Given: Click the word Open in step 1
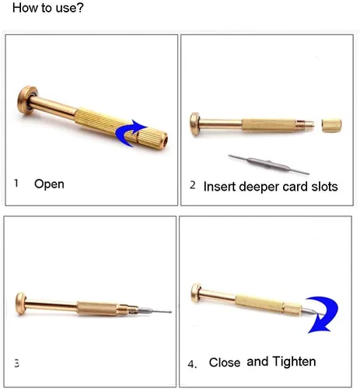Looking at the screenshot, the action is tap(49, 184).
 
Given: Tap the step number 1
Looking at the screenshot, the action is tap(16, 183).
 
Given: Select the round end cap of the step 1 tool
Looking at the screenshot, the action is tap(26, 100).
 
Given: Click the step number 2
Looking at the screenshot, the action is tap(192, 185).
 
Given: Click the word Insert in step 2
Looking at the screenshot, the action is tap(220, 187).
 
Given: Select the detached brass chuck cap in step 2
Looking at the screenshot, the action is tap(332, 125).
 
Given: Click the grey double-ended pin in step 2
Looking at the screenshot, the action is tap(268, 164).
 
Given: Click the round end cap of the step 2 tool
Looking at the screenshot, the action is tap(195, 124).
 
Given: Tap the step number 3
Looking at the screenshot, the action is tap(16, 363).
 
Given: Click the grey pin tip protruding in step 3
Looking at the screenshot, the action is tap(155, 310).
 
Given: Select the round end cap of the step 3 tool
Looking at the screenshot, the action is tap(20, 303).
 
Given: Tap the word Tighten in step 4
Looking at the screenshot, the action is tap(295, 362).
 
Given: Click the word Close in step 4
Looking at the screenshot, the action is tap(225, 363).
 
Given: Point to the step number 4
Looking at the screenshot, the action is tap(192, 364).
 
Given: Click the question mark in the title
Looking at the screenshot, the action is tap(80, 8).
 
